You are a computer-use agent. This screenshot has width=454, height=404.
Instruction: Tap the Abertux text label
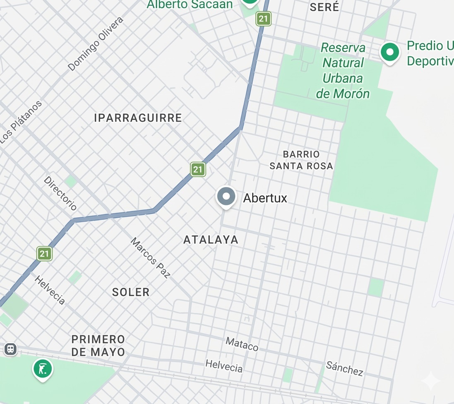coord(265,198)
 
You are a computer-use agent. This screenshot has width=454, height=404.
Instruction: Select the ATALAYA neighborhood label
coord(211,240)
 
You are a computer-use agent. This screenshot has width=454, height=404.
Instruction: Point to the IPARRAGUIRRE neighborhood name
coord(138,118)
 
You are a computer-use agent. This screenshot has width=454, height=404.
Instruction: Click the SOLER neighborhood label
coord(131,292)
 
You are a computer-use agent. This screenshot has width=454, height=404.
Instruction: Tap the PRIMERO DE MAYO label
coord(98,346)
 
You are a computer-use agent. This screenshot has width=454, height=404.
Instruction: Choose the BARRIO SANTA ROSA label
coord(301,160)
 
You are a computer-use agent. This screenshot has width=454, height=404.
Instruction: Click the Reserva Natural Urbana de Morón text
coord(343,71)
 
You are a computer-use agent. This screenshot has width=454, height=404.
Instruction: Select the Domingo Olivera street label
coord(96,44)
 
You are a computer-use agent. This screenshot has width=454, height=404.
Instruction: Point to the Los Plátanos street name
coord(21,122)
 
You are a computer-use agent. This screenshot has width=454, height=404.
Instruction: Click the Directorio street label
coord(60,193)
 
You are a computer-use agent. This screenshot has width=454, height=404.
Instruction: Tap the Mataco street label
coord(242,344)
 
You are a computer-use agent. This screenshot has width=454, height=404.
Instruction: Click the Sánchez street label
coord(344,368)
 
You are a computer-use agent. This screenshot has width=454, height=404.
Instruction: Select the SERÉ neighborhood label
coord(324,7)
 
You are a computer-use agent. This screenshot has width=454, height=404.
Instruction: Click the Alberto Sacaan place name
coord(190,5)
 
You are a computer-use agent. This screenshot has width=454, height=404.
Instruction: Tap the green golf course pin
coord(43,368)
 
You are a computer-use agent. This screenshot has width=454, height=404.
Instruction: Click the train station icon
coord(10,349)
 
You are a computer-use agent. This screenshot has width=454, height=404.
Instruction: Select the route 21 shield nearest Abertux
coord(198,169)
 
